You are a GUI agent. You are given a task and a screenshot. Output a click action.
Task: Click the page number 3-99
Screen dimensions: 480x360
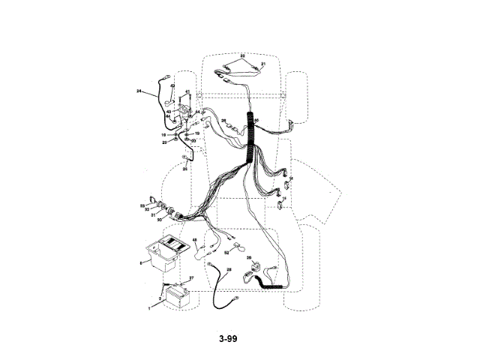point(228,339)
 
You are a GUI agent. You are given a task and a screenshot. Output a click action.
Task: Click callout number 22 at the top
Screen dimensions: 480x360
point(242,55)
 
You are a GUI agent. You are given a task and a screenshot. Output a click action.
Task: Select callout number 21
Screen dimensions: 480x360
point(263,64)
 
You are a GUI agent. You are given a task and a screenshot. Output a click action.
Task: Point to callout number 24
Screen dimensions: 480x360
point(139,91)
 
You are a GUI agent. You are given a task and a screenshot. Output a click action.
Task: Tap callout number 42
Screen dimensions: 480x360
point(172,86)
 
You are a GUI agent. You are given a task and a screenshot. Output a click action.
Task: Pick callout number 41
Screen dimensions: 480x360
point(187,92)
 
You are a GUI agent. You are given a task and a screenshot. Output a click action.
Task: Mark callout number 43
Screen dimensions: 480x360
point(169,112)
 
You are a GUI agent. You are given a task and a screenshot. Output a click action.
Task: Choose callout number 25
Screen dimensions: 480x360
point(185,169)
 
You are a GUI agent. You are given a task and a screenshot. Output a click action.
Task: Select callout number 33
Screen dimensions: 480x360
point(142,205)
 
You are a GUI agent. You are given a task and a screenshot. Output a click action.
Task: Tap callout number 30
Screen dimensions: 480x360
point(159,220)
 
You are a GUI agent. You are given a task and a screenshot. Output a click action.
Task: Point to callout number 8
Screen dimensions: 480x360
point(139,263)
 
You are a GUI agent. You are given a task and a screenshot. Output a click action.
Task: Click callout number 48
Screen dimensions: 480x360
point(194,241)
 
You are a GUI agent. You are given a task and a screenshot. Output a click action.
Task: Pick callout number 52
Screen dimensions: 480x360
point(226,253)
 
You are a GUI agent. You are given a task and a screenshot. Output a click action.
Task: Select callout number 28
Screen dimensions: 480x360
point(229,269)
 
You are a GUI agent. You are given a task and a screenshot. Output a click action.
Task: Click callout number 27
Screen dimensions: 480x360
point(190,278)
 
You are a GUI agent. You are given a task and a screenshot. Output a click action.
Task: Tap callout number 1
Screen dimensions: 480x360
point(149,307)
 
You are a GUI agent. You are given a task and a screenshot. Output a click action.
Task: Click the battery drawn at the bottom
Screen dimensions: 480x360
point(178,295)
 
